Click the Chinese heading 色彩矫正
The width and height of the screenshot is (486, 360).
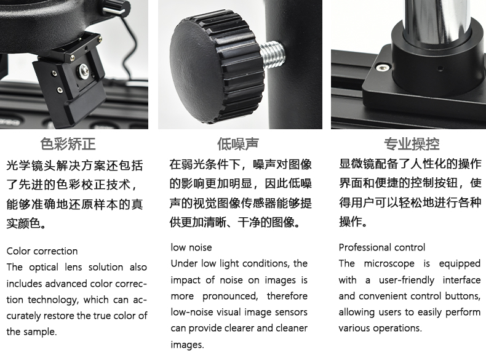68,144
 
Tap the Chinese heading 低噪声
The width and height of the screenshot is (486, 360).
237,144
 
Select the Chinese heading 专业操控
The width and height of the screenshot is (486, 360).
412,144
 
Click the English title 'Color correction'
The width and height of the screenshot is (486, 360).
42,251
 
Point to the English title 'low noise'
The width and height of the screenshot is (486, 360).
191,247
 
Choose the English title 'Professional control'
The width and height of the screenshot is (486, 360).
382,247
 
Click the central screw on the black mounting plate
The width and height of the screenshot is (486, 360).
84,71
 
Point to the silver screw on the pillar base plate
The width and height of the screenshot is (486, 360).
383,67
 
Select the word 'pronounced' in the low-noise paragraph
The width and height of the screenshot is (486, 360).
230,296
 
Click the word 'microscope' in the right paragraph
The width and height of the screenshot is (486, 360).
389,263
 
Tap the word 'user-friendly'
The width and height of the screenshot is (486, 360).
407,280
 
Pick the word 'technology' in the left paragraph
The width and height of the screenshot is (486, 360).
56,300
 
